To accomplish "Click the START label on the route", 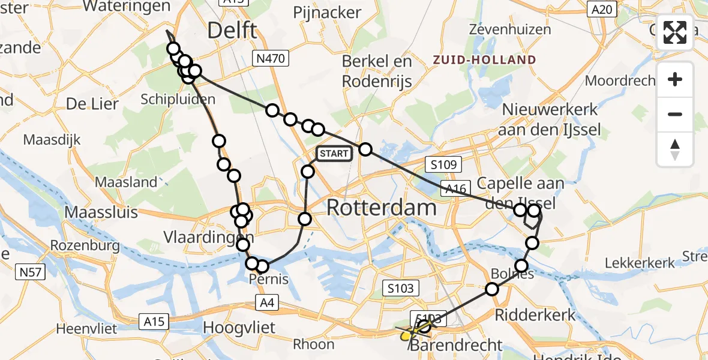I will click(334, 154).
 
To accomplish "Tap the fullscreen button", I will click(675, 32).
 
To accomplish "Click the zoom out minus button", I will click(675, 114).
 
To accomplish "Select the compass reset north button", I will click(675, 149).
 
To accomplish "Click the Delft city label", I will click(232, 31).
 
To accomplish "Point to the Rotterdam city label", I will click(381, 208).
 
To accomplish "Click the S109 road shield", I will click(443, 164).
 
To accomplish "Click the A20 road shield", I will click(601, 9).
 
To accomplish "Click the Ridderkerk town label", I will click(526, 314).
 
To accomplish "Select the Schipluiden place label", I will click(178, 99).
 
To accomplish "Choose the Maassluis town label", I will click(101, 212).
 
